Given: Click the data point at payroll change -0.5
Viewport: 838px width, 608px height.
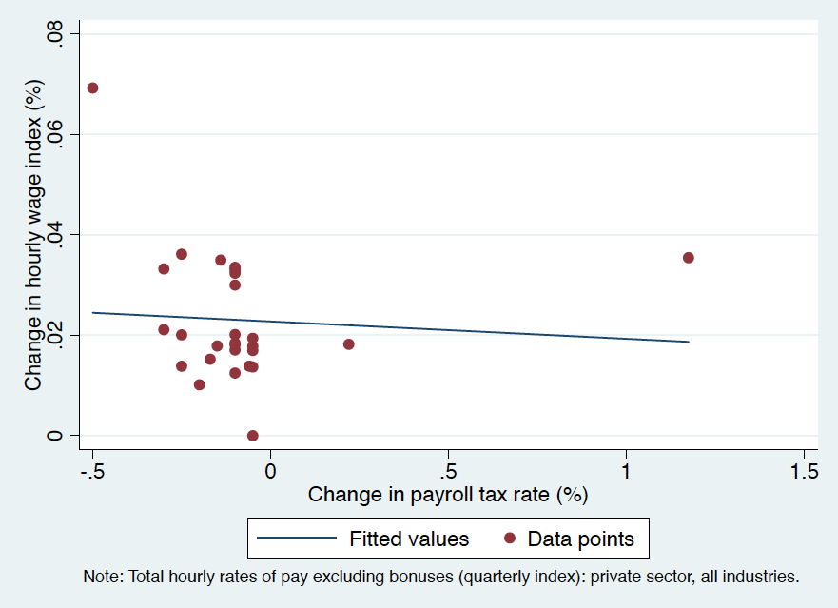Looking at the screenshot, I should point(92,88).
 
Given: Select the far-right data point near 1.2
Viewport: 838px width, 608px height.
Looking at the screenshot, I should point(689,258).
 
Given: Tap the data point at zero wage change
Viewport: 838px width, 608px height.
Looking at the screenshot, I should point(253,436).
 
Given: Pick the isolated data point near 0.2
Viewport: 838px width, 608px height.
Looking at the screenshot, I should point(349,344).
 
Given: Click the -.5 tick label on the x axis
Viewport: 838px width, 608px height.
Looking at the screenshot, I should point(91,471).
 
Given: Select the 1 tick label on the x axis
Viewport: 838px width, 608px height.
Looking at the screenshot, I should point(626,471).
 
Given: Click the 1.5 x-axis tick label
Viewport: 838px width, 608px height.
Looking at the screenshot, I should point(804,471).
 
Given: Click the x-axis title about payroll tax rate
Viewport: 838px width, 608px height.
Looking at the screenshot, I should point(448,495).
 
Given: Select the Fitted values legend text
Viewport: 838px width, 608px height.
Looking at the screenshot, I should point(409,539).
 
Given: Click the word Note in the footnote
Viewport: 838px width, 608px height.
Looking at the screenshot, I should point(103,577).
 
